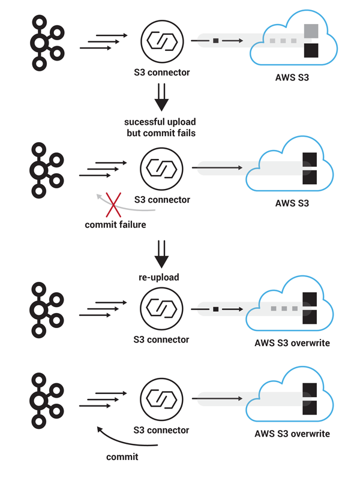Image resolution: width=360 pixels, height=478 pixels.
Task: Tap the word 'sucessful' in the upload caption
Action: tap(143, 122)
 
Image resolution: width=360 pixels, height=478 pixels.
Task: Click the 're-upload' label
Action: tap(161, 278)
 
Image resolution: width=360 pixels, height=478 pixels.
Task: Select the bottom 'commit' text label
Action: tap(122, 457)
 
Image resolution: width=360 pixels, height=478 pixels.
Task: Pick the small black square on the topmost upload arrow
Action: tap(215, 41)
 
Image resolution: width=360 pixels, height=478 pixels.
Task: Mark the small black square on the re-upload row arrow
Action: tap(215, 309)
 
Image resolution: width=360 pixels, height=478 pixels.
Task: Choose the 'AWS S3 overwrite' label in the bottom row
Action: tap(292, 433)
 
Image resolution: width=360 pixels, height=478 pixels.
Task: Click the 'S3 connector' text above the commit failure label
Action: tap(161, 200)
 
